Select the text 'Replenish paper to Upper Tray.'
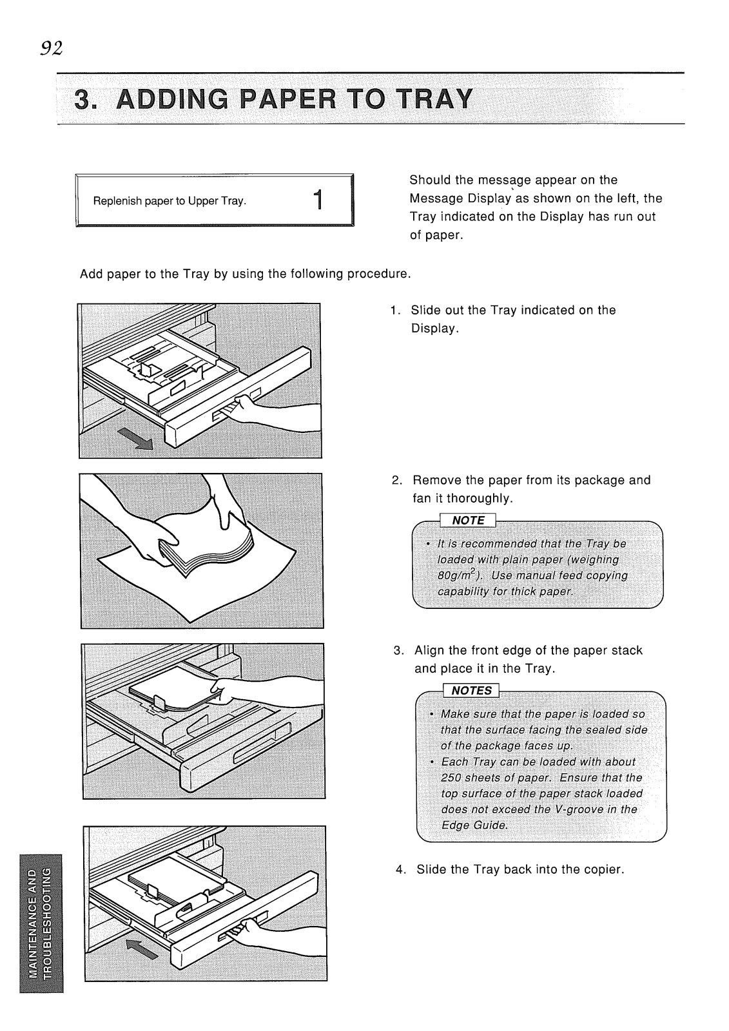(x=170, y=201)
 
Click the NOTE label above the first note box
(x=469, y=521)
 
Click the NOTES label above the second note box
(x=472, y=690)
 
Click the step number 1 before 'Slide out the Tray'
(x=395, y=311)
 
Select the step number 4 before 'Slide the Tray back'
(x=400, y=870)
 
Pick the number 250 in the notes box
(x=451, y=778)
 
